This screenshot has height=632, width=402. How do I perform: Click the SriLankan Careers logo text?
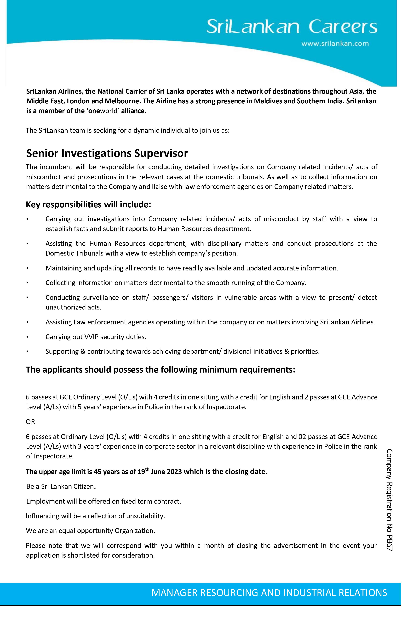(x=292, y=27)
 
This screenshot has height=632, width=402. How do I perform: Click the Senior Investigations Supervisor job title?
(x=107, y=153)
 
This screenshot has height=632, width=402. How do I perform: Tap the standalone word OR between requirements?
(x=30, y=422)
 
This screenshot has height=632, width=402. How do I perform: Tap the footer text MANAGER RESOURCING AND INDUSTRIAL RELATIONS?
(x=269, y=593)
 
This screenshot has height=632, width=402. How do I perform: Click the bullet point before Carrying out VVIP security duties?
(x=27, y=337)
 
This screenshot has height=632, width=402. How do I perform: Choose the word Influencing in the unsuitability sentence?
(x=43, y=516)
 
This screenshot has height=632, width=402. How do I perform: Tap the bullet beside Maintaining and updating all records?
(x=27, y=268)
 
